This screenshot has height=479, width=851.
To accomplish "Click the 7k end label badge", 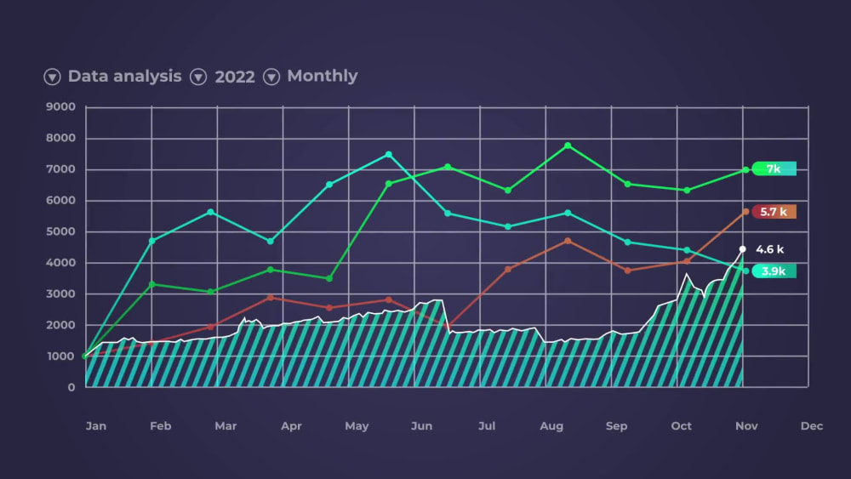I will pos(774,168).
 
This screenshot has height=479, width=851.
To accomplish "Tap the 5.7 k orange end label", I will pos(774,211).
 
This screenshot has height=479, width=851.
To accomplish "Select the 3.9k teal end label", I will pos(774,271).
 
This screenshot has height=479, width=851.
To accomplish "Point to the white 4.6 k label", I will pos(769,249).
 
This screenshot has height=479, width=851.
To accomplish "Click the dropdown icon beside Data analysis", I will pos(52,77).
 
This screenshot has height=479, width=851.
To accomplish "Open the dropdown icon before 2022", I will pos(198,77).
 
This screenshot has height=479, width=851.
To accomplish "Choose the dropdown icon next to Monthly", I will pos(271,77).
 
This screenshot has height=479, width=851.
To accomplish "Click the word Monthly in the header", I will pos(322,76).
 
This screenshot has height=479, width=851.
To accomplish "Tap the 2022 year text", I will pos(235,77).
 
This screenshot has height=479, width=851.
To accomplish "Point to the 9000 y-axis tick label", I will pos(60,107).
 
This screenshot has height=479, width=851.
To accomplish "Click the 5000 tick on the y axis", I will pos(60,231).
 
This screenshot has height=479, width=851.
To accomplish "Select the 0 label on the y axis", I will pos(71,387).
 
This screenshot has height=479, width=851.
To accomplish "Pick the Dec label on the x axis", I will pos(811,425).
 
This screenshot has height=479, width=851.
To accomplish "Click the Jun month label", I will pos(421,425).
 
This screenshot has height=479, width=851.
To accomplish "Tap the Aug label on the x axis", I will pos(551,425).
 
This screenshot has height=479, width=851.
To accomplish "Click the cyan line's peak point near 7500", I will pos(388,154).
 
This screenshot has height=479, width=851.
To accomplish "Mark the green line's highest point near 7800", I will pos(568,145).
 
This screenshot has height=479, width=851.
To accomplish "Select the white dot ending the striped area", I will pos(742,249).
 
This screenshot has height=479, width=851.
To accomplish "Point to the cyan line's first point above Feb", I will pos(152,241).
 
